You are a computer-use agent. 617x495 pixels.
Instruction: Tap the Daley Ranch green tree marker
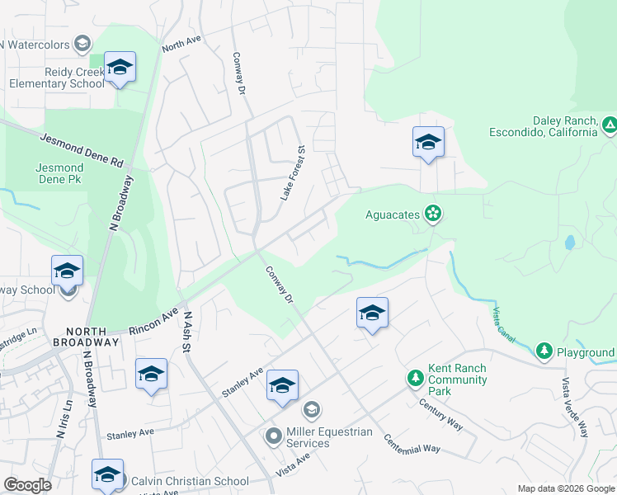tap(609, 125)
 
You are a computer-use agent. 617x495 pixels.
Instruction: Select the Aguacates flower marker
tap(433, 214)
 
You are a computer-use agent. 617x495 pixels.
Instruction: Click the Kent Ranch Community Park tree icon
tap(416, 379)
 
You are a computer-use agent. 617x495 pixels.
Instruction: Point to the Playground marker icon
tap(544, 352)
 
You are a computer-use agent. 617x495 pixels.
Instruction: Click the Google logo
tap(27, 485)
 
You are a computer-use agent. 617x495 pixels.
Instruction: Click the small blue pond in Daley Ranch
tap(569, 243)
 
